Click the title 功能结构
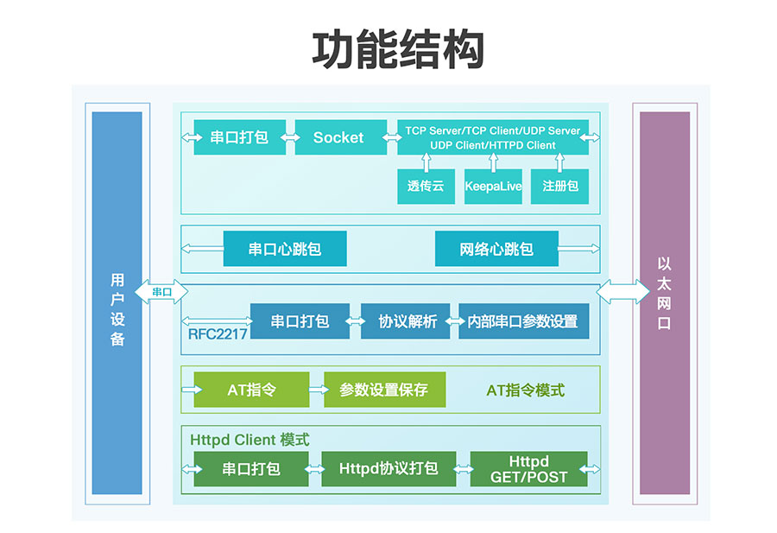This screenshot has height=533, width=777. pos(397,49)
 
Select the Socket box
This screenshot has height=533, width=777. pos(340,137)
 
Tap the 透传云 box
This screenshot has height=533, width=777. pos(426,186)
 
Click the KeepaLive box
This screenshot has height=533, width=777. pos(493,186)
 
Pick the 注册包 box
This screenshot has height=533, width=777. pos(559,186)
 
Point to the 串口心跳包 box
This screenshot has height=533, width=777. pos(285,249)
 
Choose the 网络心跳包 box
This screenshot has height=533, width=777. pos(496,249)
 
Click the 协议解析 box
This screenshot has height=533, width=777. pos(406,321)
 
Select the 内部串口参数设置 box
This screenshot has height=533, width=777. pos(524,321)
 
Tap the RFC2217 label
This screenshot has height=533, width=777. pos(218,334)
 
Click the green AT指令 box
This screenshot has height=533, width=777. pos(251,390)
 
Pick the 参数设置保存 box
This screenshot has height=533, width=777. pos(384,390)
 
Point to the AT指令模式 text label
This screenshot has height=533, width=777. pos(525,390)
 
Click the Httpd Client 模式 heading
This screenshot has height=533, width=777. pos(250,440)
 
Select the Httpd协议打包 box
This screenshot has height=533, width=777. pos(388,468)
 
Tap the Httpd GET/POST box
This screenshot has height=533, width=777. pos(528,468)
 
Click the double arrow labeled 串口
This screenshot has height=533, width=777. pos(161,291)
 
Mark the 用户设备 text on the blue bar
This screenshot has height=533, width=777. pos(117,309)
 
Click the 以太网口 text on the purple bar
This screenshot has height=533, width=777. pos(664,293)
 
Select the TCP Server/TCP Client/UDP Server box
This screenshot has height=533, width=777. pos(493,137)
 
